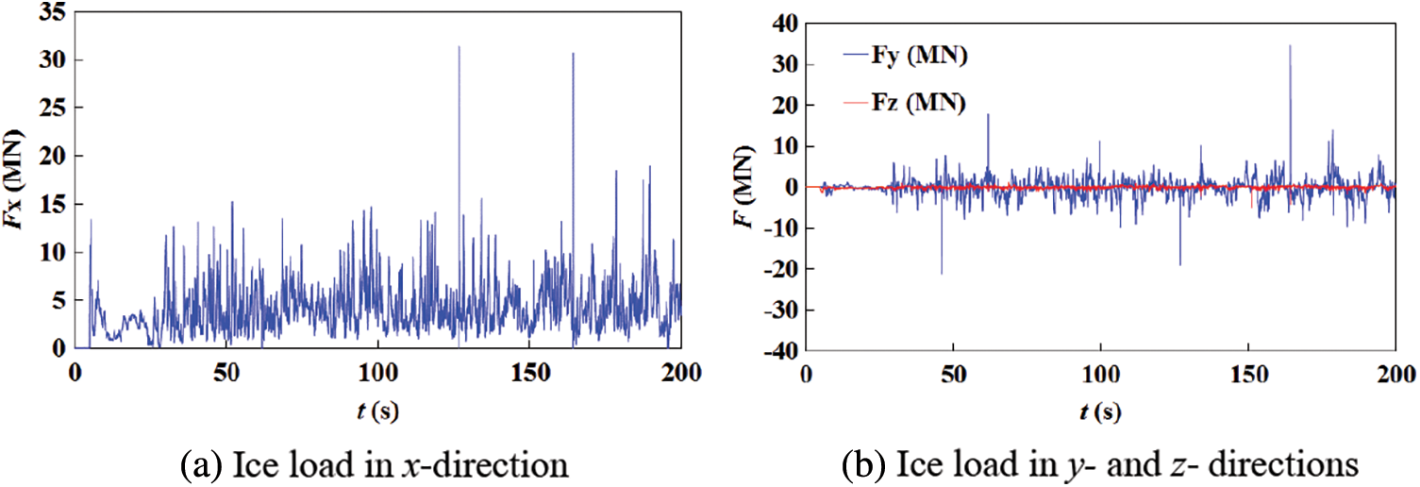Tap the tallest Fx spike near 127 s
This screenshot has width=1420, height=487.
459,46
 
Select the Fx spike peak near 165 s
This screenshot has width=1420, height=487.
573,54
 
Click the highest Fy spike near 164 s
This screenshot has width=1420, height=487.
1290,45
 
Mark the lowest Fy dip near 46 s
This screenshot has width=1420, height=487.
941,273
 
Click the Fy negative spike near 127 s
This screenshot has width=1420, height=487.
1180,264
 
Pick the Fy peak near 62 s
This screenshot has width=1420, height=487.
988,115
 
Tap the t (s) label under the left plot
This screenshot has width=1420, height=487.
377,411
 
